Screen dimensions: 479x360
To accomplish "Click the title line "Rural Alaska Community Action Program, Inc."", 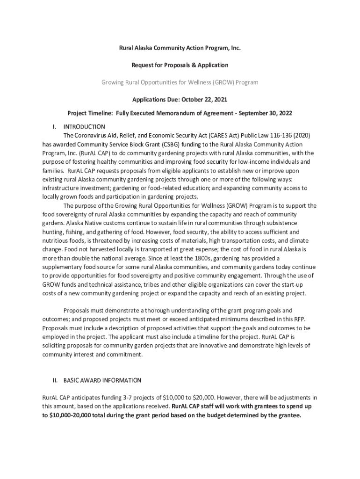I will coord(180,48).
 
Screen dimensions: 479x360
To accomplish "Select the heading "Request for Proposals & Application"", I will coord(180,65).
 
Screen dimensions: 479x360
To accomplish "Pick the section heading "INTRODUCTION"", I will coord(84,127).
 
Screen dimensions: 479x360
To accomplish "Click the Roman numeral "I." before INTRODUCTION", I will coord(54,127).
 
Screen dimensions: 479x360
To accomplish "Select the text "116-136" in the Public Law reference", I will coord(277,135).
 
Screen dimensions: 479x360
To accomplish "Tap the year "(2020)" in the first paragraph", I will coord(299,135).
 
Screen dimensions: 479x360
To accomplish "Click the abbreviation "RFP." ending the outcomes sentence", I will coord(297,319).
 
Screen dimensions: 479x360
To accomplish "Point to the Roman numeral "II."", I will coord(54,380).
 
